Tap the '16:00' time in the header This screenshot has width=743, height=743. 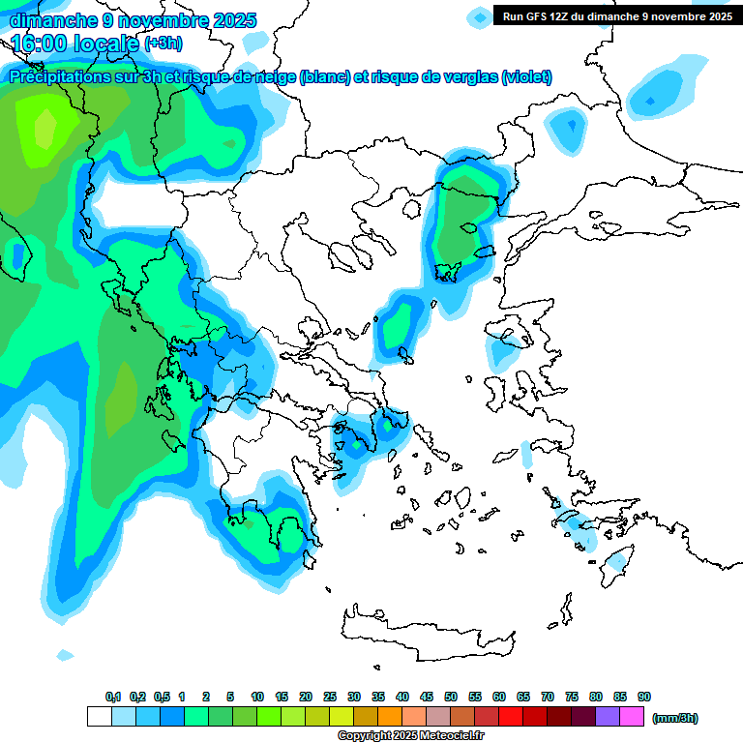click(42, 44)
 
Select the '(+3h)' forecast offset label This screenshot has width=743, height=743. click(163, 44)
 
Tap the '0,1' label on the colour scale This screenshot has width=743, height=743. click(113, 697)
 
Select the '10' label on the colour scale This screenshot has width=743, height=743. click(257, 697)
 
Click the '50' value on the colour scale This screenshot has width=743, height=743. click(451, 697)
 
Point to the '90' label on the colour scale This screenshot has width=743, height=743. click(644, 697)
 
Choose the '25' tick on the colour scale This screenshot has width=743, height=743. click(330, 697)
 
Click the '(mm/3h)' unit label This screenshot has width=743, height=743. click(675, 718)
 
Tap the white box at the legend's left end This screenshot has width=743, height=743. click(99, 717)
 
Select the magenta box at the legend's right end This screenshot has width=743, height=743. click(632, 717)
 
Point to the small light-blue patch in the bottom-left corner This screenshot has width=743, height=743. click(65, 655)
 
